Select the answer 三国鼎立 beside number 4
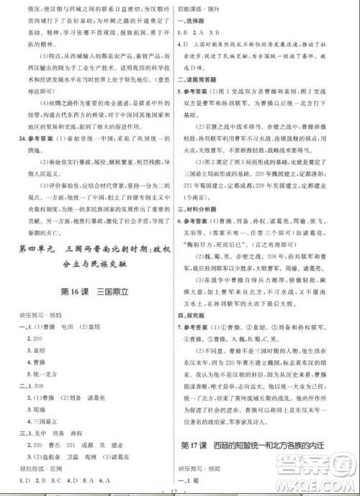point(42,417)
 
